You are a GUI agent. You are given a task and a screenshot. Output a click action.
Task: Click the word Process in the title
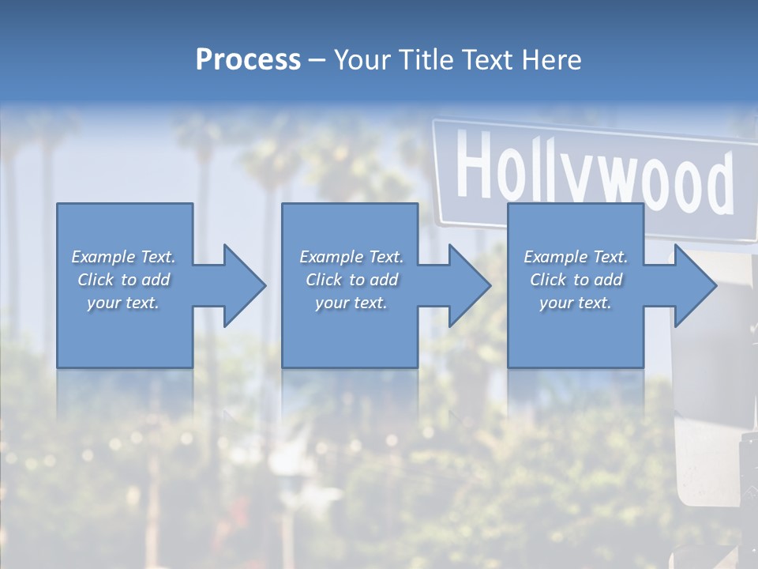[248, 60]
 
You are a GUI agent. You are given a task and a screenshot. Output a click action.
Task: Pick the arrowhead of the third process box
[695, 285]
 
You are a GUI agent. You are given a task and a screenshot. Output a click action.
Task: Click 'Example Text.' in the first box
[123, 257]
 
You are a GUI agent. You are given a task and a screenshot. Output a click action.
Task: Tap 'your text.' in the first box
[123, 303]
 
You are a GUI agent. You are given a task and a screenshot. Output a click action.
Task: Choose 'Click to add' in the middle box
[351, 280]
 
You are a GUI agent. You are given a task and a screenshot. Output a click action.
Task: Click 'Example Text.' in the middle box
[351, 257]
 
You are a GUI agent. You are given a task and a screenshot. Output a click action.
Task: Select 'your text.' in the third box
[576, 303]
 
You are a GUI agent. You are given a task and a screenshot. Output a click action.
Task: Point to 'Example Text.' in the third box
[576, 257]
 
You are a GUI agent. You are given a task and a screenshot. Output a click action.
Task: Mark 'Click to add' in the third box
[576, 280]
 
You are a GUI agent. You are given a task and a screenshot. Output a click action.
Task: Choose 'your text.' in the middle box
[351, 303]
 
